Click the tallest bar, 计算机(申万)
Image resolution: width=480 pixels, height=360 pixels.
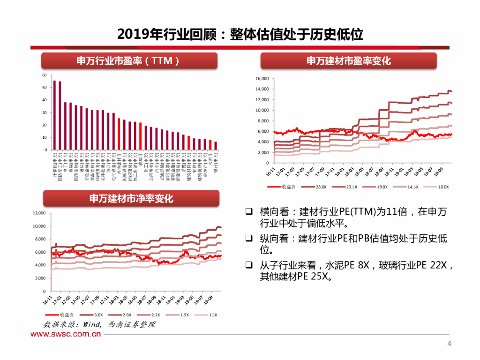[x=54, y=115]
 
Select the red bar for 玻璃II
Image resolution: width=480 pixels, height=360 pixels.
[x=141, y=136]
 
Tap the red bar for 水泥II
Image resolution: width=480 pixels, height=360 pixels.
[x=210, y=145]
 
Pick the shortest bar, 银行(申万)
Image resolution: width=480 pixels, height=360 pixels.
[x=216, y=146]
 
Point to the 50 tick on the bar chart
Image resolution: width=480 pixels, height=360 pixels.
[x=45, y=88]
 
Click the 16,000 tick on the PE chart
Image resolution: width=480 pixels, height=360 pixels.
[x=262, y=79]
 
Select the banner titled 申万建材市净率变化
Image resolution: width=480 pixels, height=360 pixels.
[x=131, y=199]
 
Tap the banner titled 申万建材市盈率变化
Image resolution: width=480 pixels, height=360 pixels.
[x=348, y=61]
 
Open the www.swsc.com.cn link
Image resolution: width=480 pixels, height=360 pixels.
[x=66, y=334]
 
